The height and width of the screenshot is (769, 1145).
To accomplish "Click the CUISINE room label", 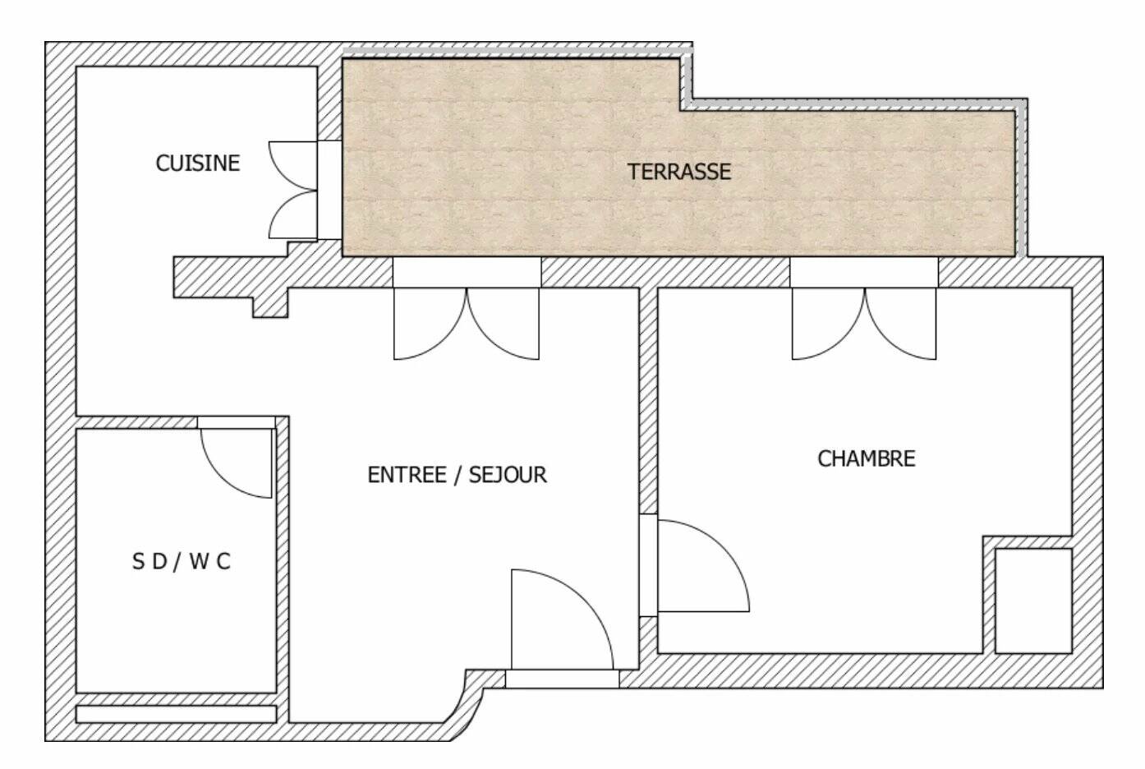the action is (x=198, y=163).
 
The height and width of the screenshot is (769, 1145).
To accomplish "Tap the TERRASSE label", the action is (x=679, y=172).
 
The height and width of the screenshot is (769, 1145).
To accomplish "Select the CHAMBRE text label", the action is (x=867, y=458).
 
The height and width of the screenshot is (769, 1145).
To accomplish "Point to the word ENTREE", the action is (x=407, y=475).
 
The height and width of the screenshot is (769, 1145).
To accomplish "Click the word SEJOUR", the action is (x=508, y=475).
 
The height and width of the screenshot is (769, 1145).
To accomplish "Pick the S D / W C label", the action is (x=182, y=562).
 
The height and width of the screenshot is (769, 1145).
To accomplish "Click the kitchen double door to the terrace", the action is (x=293, y=191).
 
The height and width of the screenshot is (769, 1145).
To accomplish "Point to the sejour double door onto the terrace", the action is (x=467, y=325).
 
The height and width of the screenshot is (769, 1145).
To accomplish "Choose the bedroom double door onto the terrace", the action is (x=864, y=325).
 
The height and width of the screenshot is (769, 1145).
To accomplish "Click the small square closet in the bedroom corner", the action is (x=1033, y=601).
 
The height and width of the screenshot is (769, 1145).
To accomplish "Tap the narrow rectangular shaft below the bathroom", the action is (x=177, y=714).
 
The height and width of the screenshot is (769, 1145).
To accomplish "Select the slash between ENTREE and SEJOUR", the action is (x=458, y=475).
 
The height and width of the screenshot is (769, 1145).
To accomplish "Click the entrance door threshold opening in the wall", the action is (x=563, y=679).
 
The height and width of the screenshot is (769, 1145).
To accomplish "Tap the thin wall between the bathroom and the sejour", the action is (x=283, y=569).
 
